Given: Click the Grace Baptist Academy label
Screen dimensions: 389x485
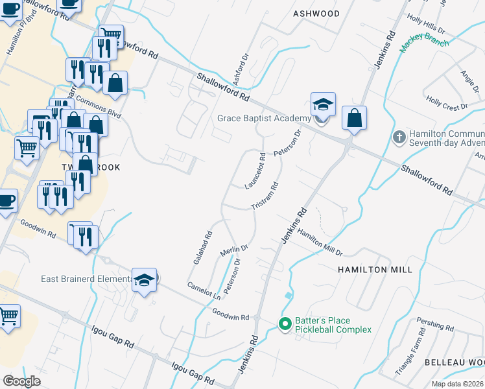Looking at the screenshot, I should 265,118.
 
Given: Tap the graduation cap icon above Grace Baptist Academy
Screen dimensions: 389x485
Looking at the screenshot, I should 322,104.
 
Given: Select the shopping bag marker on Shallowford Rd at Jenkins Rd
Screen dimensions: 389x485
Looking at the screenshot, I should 354,118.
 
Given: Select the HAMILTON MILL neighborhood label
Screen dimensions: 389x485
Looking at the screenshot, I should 370,269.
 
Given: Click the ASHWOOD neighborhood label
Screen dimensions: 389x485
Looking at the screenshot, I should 316,13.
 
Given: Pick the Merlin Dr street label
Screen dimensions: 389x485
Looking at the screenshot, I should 235,249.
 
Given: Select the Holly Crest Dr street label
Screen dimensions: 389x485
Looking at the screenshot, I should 447,103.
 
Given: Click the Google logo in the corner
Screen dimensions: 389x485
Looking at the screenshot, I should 22,381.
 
